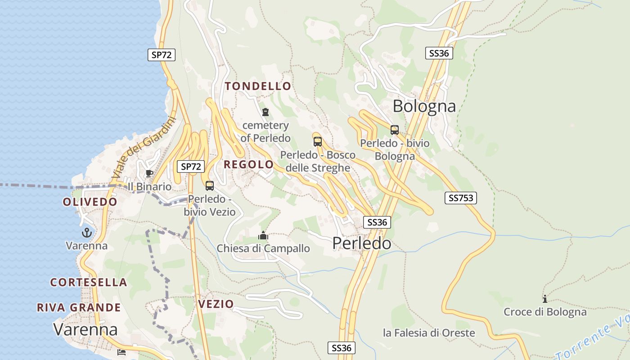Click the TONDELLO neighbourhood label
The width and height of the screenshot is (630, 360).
pyautogui.click(x=258, y=86)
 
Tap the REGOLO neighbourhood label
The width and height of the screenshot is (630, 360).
pyautogui.click(x=248, y=164)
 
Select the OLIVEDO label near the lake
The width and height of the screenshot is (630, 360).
pyautogui.click(x=90, y=202)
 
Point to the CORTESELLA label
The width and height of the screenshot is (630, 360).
pyautogui.click(x=89, y=283)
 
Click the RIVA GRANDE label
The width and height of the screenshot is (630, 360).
pyautogui.click(x=79, y=308)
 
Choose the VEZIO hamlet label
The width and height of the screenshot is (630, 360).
pyautogui.click(x=216, y=304)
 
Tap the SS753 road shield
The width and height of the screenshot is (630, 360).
pyautogui.click(x=460, y=198)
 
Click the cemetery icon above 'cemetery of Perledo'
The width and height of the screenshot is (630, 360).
pyautogui.click(x=265, y=112)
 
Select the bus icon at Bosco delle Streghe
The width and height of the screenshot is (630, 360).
pyautogui.click(x=318, y=142)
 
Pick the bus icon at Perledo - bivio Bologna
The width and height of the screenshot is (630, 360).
pyautogui.click(x=395, y=130)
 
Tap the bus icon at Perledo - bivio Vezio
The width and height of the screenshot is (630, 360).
pyautogui.click(x=210, y=185)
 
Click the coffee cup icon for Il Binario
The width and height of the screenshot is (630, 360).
pyautogui.click(x=149, y=173)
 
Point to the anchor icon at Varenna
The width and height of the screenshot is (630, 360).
pyautogui.click(x=86, y=233)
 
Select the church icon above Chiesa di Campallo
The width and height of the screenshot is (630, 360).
pyautogui.click(x=263, y=235)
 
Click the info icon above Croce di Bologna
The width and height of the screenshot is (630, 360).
pyautogui.click(x=545, y=299)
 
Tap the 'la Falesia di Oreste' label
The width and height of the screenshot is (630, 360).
pyautogui.click(x=429, y=333)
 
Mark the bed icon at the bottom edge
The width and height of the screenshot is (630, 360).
pyautogui.click(x=121, y=352)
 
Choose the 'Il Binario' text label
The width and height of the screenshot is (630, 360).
pyautogui.click(x=149, y=187)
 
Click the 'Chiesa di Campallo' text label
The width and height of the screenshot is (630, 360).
pyautogui.click(x=263, y=248)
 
